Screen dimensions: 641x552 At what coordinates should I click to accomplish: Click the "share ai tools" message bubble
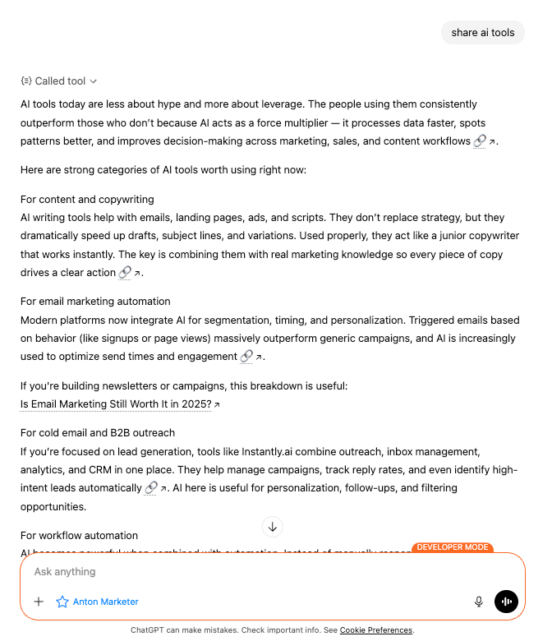coord(483,33)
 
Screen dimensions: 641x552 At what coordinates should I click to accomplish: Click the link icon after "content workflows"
coord(481,141)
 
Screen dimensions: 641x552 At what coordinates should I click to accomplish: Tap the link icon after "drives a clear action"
coord(126,273)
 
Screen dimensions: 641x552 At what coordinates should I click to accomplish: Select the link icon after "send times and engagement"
coord(246,357)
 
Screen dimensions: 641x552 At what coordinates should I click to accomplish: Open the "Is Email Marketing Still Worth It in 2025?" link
coord(116,404)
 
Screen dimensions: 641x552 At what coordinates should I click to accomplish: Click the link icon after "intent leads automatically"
coord(151,488)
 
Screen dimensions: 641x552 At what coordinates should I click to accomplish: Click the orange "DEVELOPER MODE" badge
coord(452,547)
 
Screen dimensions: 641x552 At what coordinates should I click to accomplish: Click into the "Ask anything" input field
coord(246,572)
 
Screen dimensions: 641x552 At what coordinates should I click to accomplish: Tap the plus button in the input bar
coord(39,602)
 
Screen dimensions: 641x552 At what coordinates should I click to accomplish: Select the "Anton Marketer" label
coord(105,602)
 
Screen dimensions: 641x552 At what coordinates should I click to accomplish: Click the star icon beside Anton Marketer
coord(62,602)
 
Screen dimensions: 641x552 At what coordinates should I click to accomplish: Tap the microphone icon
coord(479,602)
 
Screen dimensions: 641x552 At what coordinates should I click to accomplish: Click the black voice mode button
coord(506,602)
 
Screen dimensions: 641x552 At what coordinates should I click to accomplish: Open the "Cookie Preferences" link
coord(375,630)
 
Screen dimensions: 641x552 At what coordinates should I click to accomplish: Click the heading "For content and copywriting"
coord(87,200)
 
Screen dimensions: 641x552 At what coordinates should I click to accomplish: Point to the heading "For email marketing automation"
coord(95,302)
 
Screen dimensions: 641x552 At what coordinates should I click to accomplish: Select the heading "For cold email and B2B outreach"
coord(98,433)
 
